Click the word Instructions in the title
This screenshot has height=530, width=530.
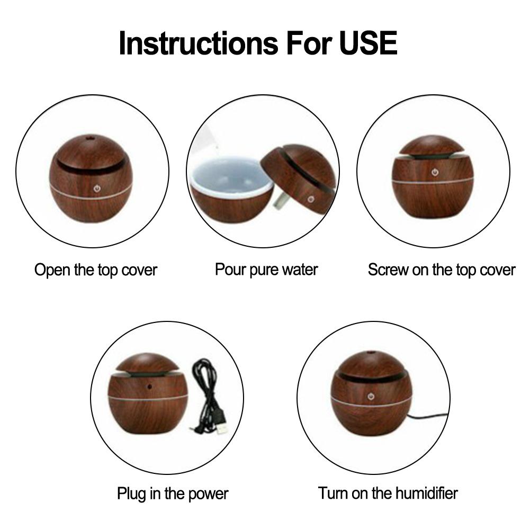pos(199,43)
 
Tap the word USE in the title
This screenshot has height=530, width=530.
pos(369,43)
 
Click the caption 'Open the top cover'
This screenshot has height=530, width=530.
pos(96,271)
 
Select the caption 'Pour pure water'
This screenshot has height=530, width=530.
pos(266,270)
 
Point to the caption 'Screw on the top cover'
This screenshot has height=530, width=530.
pos(442,270)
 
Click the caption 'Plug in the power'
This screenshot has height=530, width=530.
pos(173,494)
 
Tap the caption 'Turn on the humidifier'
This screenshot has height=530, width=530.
pos(388,493)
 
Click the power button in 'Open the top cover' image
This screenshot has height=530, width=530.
pos(97,188)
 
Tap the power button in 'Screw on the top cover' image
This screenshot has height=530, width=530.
pos(435,173)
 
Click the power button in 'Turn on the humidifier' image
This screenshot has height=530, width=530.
pos(371,397)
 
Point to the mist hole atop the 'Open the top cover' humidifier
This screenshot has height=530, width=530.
pos(89,138)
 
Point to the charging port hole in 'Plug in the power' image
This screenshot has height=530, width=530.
pos(149,385)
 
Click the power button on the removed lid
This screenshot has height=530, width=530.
pos(311,199)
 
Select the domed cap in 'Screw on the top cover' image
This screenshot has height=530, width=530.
pos(432,146)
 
